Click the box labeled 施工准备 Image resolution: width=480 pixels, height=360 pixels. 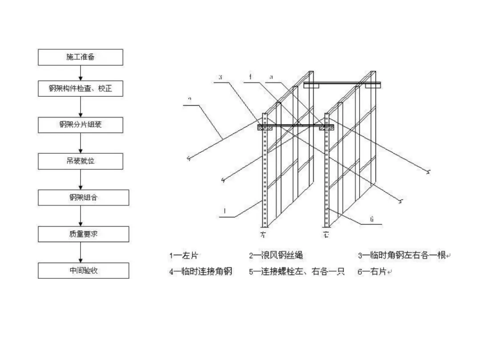pos(80,57)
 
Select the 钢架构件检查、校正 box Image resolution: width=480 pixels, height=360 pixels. pos(80,89)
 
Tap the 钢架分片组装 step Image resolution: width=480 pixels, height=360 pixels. pos(80,125)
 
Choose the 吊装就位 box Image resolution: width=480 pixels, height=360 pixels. pos(80,161)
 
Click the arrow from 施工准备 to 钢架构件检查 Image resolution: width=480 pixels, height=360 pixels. pos(80,73)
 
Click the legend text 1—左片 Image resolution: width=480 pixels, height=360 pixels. pos(184,256)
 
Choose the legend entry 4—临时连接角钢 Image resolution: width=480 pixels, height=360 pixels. pos(200,272)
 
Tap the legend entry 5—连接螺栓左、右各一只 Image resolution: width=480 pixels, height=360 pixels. pos(296,272)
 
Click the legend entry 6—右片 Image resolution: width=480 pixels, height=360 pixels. pos(373,272)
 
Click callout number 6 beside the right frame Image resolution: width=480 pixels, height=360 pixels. pos(372,219)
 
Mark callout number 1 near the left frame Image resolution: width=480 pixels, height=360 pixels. pos(225,212)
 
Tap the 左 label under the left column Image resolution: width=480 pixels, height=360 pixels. pos(263,234)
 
